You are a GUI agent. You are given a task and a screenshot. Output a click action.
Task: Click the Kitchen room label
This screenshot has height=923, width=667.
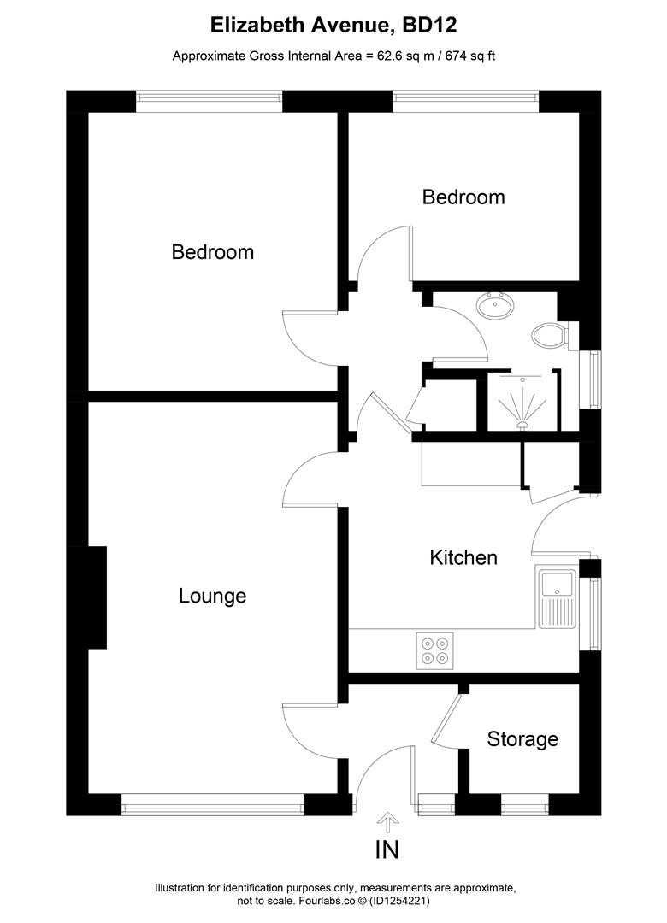(463, 558)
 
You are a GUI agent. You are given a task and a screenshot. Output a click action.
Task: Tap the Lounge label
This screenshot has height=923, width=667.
(212, 596)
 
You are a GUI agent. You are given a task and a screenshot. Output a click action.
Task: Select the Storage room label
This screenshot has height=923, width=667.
(522, 738)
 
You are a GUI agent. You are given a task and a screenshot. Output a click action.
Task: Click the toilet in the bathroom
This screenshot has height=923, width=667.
(548, 335)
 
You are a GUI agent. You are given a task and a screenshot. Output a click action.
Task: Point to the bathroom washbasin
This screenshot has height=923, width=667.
(494, 305)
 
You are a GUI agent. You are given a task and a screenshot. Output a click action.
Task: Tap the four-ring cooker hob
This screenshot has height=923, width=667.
(434, 650)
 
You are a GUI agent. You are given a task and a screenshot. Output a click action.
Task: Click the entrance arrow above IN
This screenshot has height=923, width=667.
(387, 822)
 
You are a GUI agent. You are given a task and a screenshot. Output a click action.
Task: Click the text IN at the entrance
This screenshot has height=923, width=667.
(387, 850)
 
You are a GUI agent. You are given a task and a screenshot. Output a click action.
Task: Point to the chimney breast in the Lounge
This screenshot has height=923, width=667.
(97, 597)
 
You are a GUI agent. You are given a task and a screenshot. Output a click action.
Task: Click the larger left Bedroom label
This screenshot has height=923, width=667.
(212, 252)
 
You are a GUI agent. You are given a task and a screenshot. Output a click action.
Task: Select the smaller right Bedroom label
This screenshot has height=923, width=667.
(463, 197)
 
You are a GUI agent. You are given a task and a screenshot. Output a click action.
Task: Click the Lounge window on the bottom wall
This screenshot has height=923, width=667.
(212, 804)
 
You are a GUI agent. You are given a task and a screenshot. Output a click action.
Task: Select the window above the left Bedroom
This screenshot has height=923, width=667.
(210, 101)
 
